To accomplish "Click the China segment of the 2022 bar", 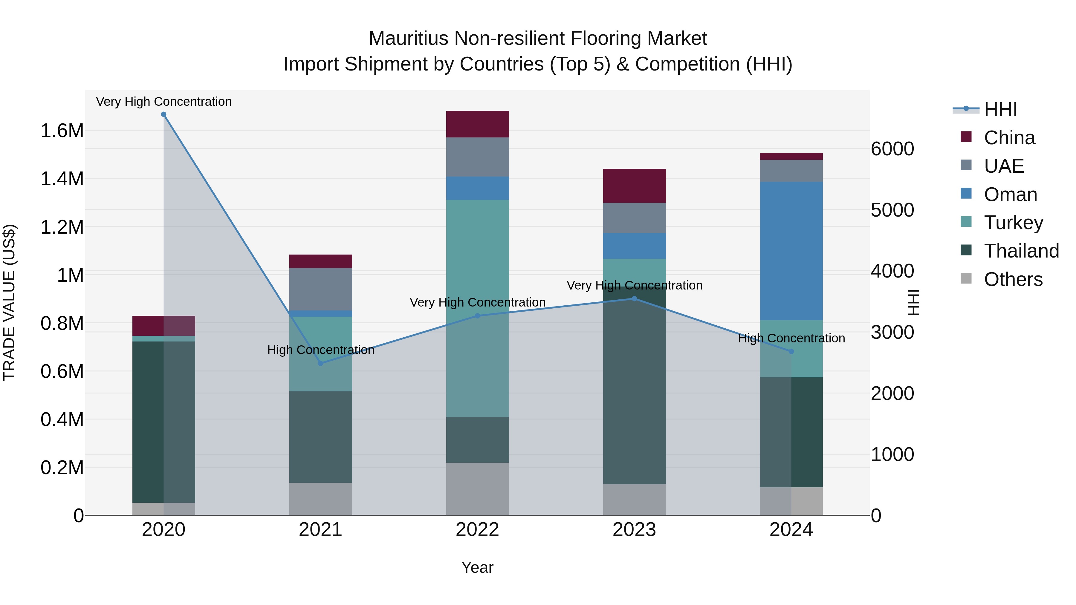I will coord(477,124).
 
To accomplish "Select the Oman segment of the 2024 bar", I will coord(791,251).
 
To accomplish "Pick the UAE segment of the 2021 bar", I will coord(320,289).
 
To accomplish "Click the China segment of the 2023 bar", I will coord(634,186).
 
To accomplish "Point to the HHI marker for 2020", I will coord(164,114).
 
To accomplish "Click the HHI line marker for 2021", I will coord(320,363).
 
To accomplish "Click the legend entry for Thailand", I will coord(1021,251).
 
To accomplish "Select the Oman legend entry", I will coord(1010,194).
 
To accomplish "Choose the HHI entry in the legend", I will coord(1000,109).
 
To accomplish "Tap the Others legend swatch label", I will coord(1013,279).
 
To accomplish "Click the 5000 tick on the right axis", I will coord(892,210).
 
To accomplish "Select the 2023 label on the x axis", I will coord(634,530).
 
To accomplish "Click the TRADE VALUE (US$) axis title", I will coord(9,302).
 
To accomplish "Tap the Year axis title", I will coord(477,567).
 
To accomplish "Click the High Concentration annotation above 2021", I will coord(320,350).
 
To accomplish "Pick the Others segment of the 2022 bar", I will coord(477,488).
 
